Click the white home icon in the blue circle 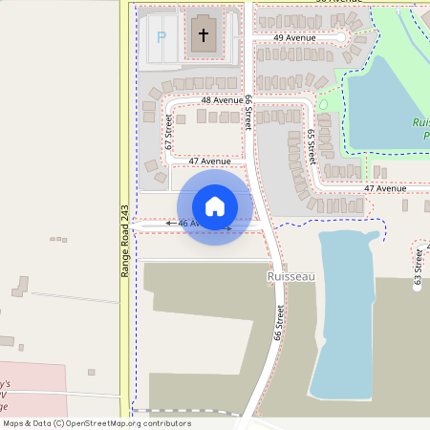215,205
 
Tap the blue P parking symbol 161,37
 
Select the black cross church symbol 203,36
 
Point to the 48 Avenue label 222,99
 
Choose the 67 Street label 169,132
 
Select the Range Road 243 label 124,241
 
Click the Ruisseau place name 290,276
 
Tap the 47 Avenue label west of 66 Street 209,161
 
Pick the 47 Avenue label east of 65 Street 385,188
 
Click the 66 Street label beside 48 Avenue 248,112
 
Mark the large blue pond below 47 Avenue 344,306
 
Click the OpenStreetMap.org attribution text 128,423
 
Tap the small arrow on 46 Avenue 171,224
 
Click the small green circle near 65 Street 323,104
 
